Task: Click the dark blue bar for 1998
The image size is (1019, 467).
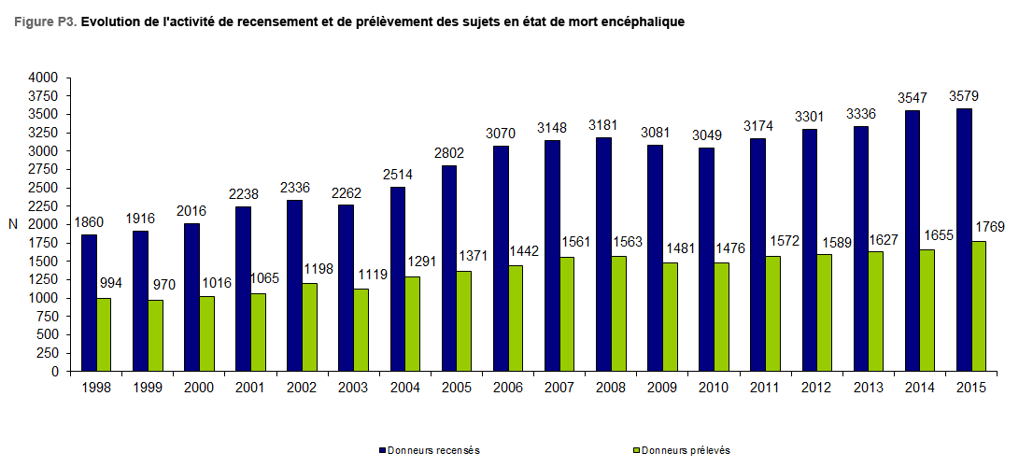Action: pos(89,303)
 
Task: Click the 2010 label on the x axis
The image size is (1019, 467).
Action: pos(713,387)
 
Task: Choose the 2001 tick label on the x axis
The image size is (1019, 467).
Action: pos(250,387)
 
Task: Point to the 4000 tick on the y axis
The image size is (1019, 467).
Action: pos(43,78)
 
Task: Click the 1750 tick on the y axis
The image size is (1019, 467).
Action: pos(43,243)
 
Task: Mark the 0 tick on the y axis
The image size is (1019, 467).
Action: pos(55,372)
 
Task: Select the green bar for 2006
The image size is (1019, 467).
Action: pos(515,318)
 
